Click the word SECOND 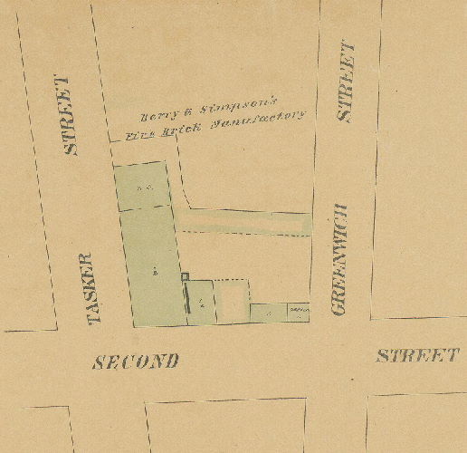[137, 361]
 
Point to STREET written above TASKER [69, 116]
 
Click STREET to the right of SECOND [417, 354]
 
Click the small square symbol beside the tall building [185, 277]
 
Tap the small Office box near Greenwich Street [298, 313]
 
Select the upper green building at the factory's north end [142, 187]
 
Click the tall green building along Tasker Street [155, 266]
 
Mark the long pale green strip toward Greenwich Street [244, 221]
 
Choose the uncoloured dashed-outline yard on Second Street [233, 299]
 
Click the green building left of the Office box [268, 313]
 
